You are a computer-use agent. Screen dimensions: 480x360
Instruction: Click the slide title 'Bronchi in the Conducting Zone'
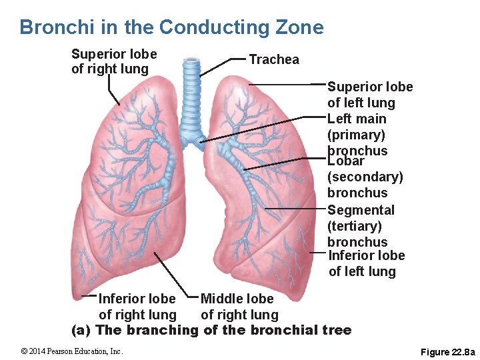click(x=171, y=27)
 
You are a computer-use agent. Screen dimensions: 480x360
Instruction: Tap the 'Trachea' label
click(x=274, y=60)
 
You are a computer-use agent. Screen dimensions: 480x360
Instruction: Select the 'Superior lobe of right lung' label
click(x=114, y=61)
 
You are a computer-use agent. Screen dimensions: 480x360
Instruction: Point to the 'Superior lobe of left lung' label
click(x=370, y=95)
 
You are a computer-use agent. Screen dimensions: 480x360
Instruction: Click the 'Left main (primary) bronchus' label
click(x=357, y=135)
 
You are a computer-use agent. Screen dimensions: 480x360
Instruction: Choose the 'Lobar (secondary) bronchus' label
click(x=365, y=177)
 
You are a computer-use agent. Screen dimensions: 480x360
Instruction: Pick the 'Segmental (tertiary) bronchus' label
click(x=361, y=226)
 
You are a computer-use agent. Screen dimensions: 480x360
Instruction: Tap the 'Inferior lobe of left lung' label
click(x=367, y=263)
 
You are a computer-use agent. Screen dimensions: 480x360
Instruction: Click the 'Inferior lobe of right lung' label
click(x=137, y=307)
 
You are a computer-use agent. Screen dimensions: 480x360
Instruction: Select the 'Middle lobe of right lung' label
click(x=239, y=307)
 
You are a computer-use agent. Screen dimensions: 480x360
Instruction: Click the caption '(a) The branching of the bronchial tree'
click(x=211, y=330)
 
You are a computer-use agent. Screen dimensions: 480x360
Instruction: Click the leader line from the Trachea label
click(x=223, y=66)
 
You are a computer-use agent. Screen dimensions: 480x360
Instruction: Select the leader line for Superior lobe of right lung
click(x=113, y=90)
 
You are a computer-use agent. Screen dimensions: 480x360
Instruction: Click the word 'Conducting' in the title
click(x=207, y=27)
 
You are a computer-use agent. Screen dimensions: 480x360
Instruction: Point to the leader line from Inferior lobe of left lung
click(x=318, y=253)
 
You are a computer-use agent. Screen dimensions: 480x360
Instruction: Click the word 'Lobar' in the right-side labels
click(x=346, y=161)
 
